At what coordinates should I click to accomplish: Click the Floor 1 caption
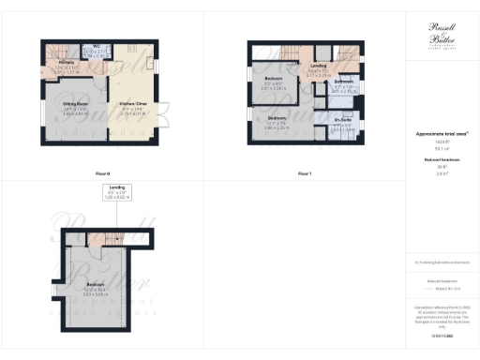click(x=303, y=174)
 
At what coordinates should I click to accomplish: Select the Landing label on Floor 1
click(x=318, y=68)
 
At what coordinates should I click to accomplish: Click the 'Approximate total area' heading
click(x=441, y=135)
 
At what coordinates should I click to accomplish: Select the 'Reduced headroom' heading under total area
click(x=441, y=161)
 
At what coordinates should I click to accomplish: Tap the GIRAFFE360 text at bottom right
click(x=441, y=335)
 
